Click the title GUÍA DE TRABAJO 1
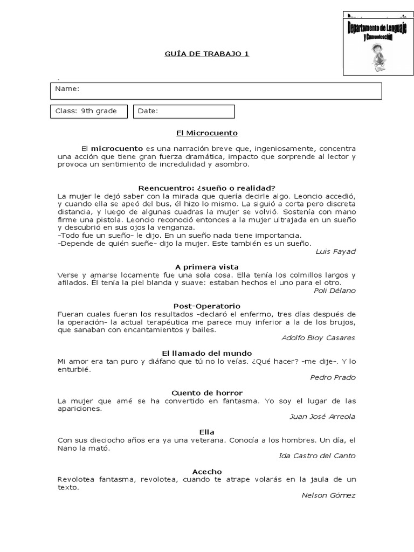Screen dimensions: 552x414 pos(206,54)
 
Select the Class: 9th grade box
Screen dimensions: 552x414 pos(89,111)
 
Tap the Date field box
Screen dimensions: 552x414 pos(183,111)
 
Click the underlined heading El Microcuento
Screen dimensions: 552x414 pos(206,133)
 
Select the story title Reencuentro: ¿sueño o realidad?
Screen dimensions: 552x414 pos(206,188)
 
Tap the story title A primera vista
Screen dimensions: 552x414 pos(207,267)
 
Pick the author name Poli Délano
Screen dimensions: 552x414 pos(334,291)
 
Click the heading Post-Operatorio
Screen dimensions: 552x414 pos(207,306)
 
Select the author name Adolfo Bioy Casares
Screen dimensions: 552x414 pos(318,338)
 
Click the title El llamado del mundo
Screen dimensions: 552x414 pos(207,353)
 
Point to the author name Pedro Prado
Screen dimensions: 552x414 pos(333,377)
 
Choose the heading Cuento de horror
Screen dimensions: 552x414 pos(207,392)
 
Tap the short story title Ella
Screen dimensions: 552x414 pos(207,432)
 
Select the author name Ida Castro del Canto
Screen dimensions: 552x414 pos(317,456)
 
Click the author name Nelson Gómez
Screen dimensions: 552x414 pos(328,495)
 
